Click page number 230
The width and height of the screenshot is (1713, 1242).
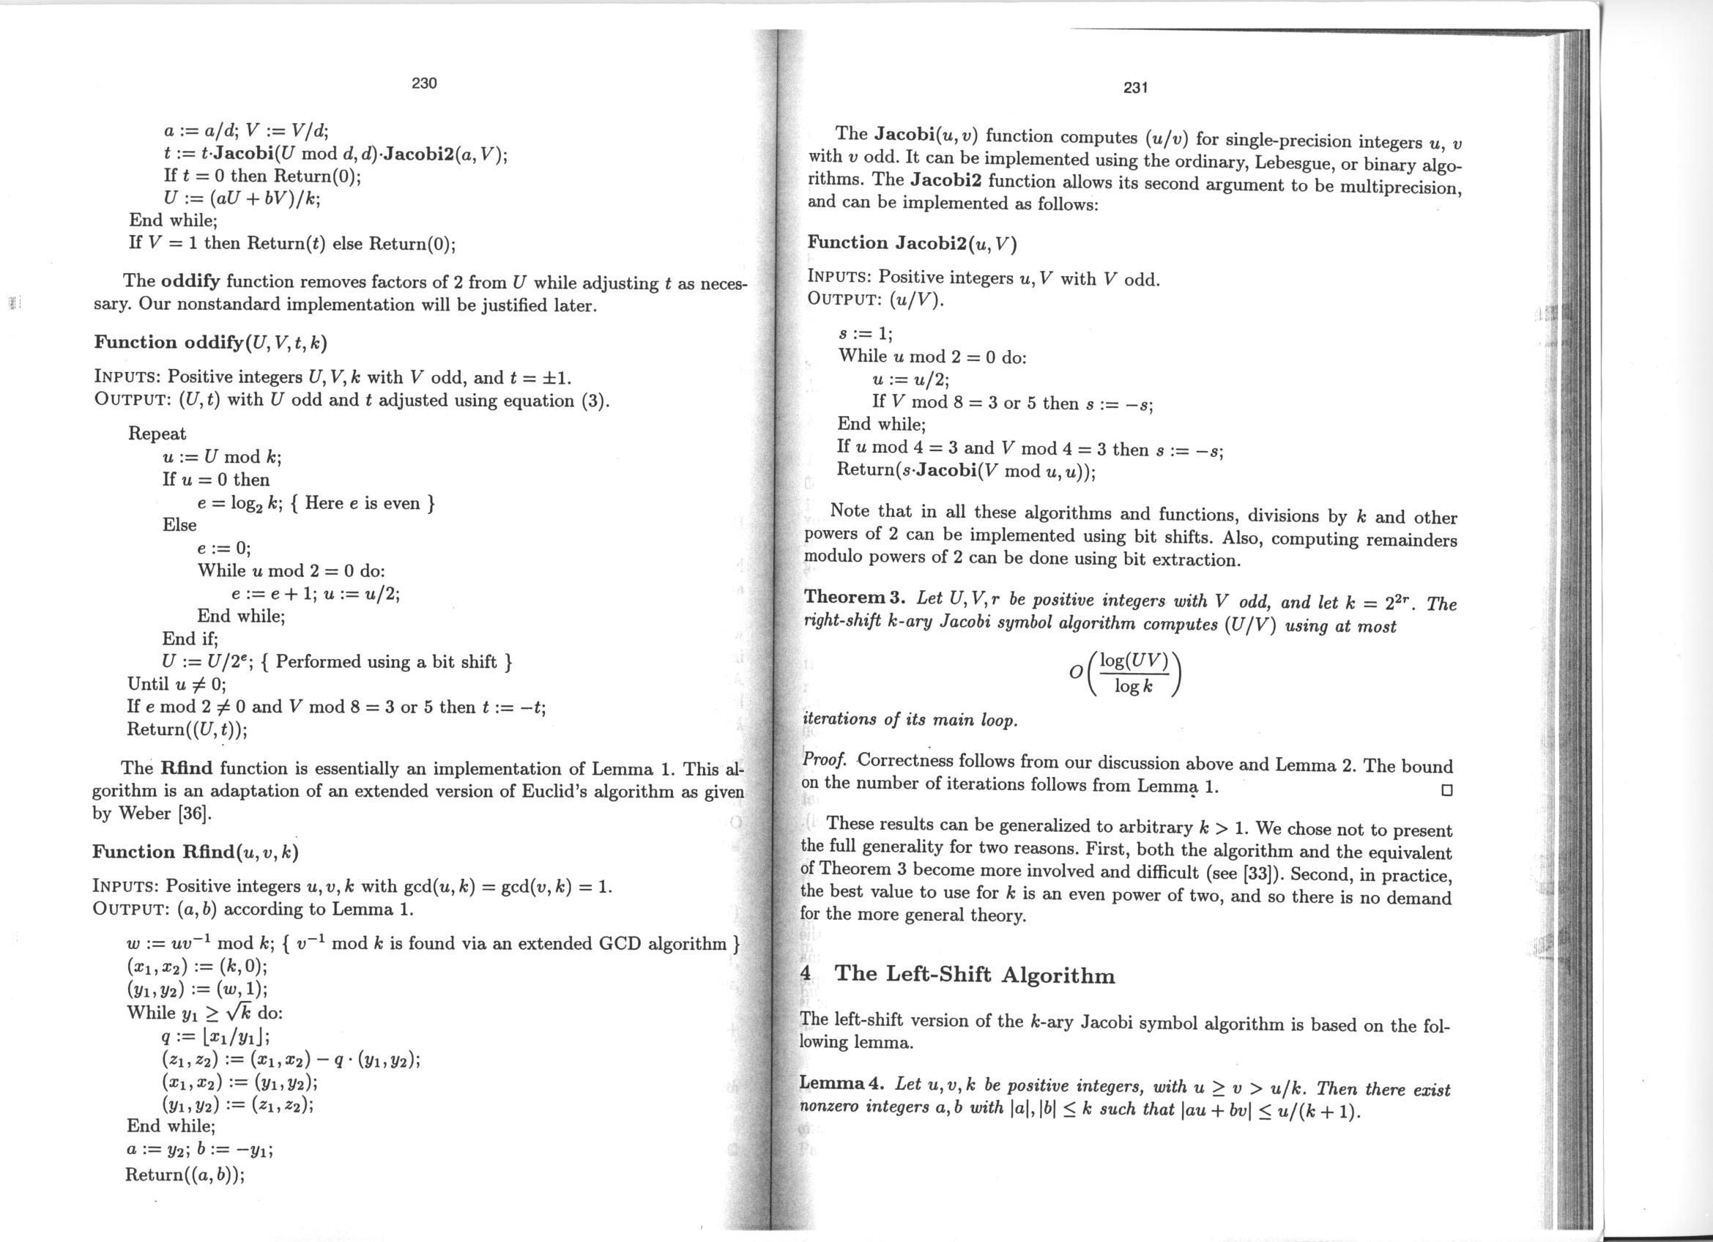tap(424, 83)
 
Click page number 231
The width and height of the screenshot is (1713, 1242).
tap(1136, 89)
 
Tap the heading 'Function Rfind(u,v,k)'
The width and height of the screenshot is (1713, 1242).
tap(196, 852)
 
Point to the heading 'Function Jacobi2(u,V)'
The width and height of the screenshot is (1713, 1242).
tap(913, 243)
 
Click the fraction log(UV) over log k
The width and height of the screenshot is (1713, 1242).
tap(1134, 674)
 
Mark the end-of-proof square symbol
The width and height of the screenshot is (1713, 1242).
tap(1446, 790)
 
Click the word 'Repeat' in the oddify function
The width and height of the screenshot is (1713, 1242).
tap(157, 434)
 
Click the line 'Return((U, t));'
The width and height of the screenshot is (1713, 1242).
tap(187, 729)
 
